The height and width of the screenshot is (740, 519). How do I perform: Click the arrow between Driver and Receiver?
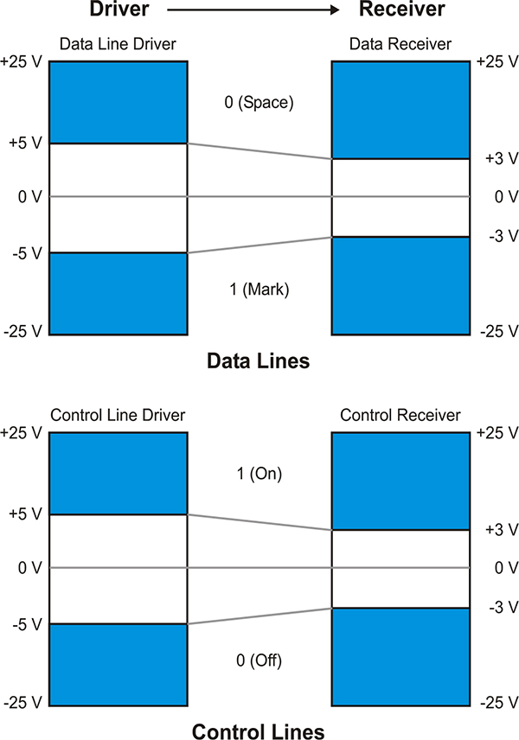coord(253,10)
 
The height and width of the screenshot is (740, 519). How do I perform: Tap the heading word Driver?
coord(119,9)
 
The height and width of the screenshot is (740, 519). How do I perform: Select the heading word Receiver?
coord(402,9)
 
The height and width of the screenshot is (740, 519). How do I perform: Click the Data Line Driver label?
coord(118,44)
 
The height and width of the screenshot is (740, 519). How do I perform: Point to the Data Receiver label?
coord(400,44)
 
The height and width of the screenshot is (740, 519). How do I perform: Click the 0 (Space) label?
coord(259,102)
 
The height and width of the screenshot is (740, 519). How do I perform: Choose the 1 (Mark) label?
coord(259,289)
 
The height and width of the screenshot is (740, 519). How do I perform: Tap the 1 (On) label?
coord(259,474)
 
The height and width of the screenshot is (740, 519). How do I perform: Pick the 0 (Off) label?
coord(259,660)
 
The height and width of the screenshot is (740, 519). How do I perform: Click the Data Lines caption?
coord(259,361)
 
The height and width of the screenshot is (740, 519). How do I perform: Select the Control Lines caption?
coord(259,731)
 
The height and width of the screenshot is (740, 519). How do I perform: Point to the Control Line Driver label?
coord(118,415)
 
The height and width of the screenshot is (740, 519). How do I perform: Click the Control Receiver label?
coord(400,415)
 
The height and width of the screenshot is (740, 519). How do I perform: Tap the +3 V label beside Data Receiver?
coord(502,158)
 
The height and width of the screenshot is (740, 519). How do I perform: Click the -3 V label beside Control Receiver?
coord(503,607)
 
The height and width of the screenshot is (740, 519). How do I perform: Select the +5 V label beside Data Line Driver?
coord(25,143)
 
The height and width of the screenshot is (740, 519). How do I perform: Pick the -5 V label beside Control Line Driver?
coord(27,624)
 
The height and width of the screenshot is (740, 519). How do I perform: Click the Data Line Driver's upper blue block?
coord(119,102)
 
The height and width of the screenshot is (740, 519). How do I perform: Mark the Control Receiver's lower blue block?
coord(400,657)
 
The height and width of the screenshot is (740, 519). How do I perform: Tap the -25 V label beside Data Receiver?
coord(500,331)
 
